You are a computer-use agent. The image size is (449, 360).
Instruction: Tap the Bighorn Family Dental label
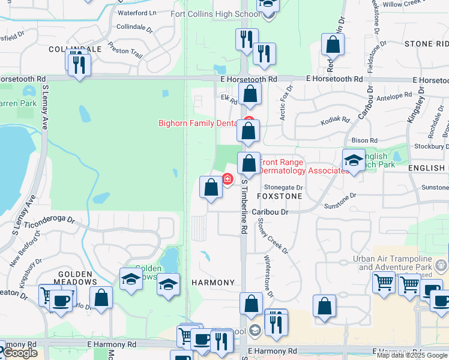coord(198,123)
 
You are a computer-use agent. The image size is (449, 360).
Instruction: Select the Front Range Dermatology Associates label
coord(304,166)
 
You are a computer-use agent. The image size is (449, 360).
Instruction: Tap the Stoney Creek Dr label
coord(273,235)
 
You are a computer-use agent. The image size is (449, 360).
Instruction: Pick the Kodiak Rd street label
coord(336,120)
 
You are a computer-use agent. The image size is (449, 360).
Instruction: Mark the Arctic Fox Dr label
coord(286,99)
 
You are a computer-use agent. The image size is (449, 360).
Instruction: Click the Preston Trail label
coord(126,52)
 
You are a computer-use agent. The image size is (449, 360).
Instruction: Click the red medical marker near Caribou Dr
coord(228,179)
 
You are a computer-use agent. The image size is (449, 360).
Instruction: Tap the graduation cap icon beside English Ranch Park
coord(354,160)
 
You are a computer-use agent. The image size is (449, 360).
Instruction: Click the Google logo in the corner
coord(20,353)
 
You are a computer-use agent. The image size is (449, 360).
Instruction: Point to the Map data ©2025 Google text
coord(411,355)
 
